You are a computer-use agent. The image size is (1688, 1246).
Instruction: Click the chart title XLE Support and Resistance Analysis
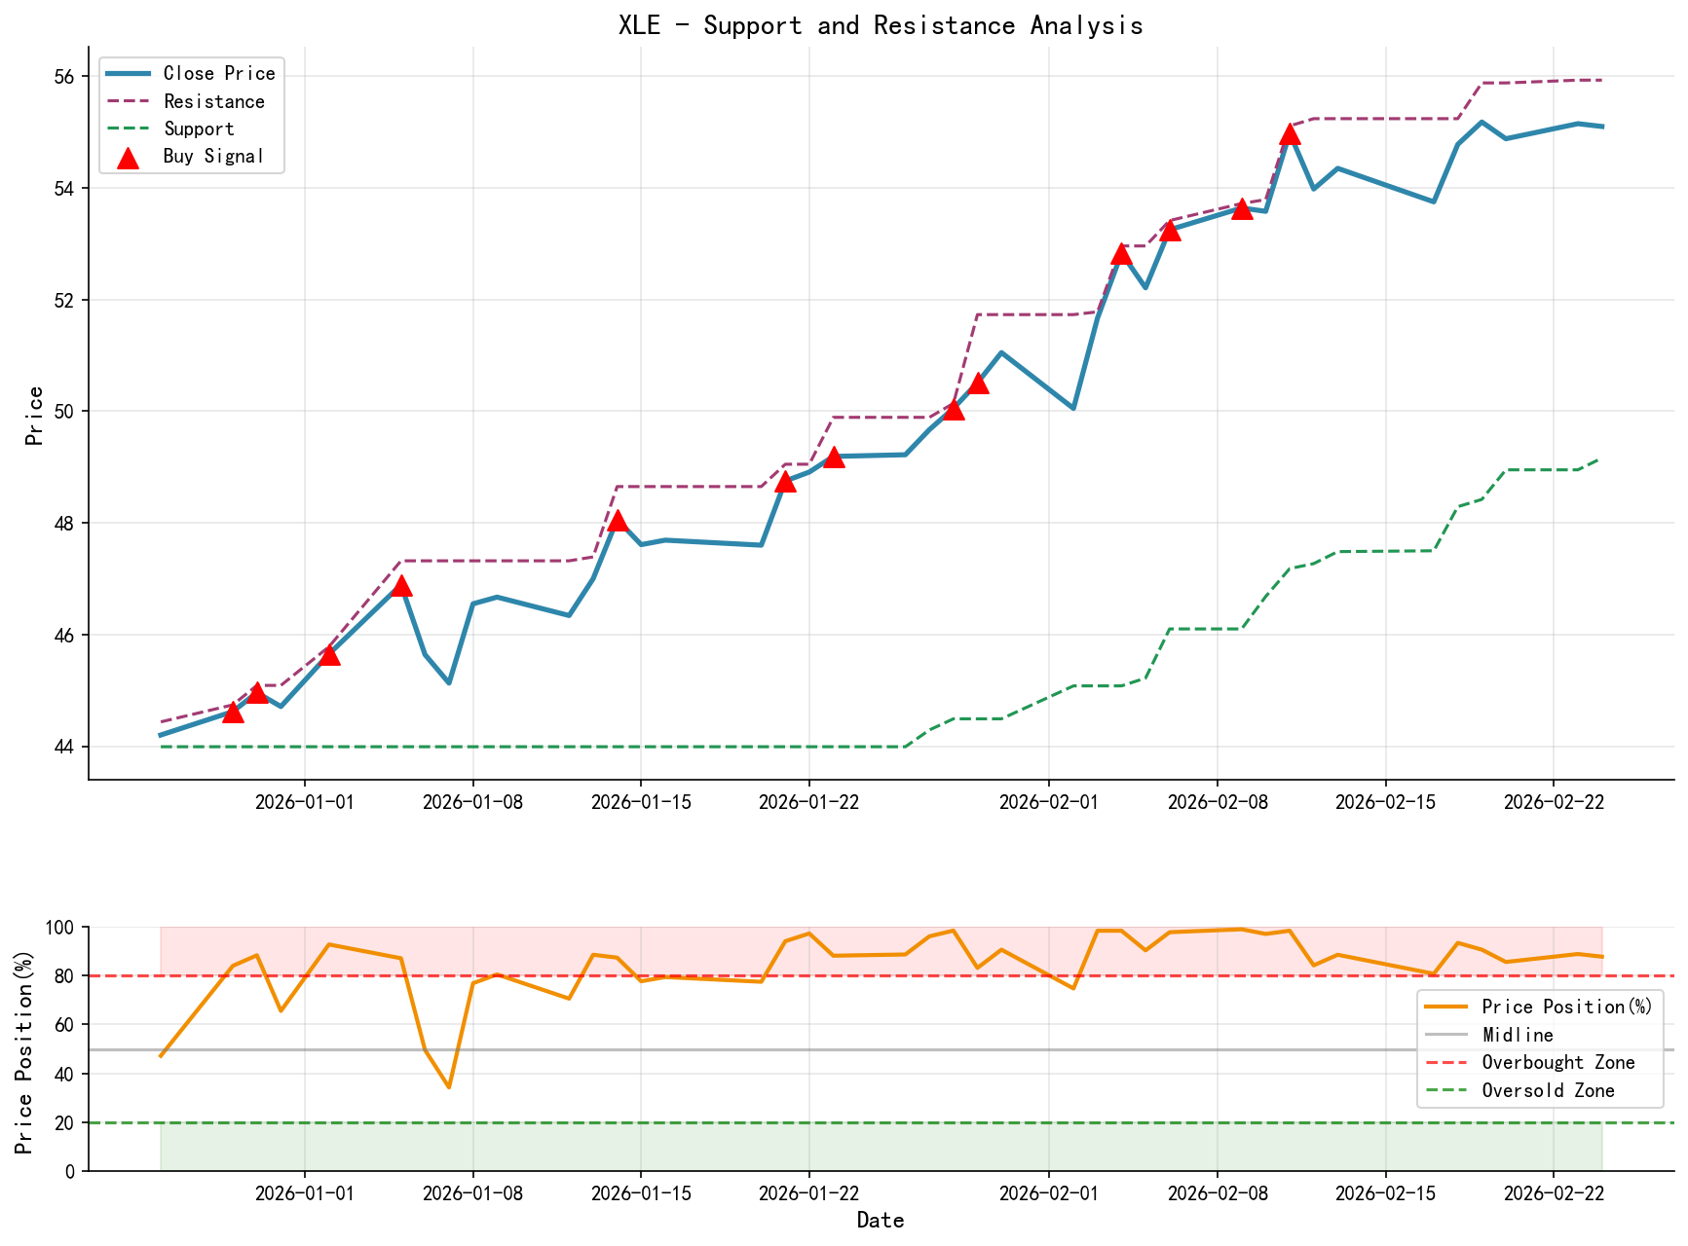pyautogui.click(x=880, y=25)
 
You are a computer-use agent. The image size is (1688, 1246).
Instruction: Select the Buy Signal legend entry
pyautogui.click(x=213, y=157)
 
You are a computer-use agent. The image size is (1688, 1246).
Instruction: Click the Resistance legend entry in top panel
pyautogui.click(x=213, y=101)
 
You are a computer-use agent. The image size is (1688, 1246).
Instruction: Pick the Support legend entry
pyautogui.click(x=199, y=128)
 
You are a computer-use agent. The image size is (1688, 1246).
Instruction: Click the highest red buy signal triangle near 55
pyautogui.click(x=1290, y=133)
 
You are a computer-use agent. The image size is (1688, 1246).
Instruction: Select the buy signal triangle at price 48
pyautogui.click(x=617, y=521)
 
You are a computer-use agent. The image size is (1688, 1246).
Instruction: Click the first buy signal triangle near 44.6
pyautogui.click(x=233, y=713)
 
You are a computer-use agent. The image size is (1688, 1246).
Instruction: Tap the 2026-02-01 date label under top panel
pyautogui.click(x=1048, y=801)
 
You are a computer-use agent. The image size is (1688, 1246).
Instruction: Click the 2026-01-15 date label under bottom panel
pyautogui.click(x=640, y=1192)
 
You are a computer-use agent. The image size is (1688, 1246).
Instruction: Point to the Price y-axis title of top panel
pyautogui.click(x=35, y=416)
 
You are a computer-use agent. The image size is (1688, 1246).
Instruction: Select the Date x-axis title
pyautogui.click(x=880, y=1221)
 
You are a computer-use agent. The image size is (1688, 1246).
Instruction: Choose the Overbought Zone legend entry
pyautogui.click(x=1557, y=1063)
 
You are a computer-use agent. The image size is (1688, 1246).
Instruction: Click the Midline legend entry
pyautogui.click(x=1517, y=1035)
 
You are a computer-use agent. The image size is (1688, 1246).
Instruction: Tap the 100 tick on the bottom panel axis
pyautogui.click(x=60, y=928)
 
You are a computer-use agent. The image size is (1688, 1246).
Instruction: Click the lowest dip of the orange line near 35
pyautogui.click(x=449, y=1086)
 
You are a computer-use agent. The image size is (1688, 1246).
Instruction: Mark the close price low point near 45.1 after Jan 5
pyautogui.click(x=449, y=682)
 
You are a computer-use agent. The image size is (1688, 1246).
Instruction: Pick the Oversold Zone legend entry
pyautogui.click(x=1548, y=1091)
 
